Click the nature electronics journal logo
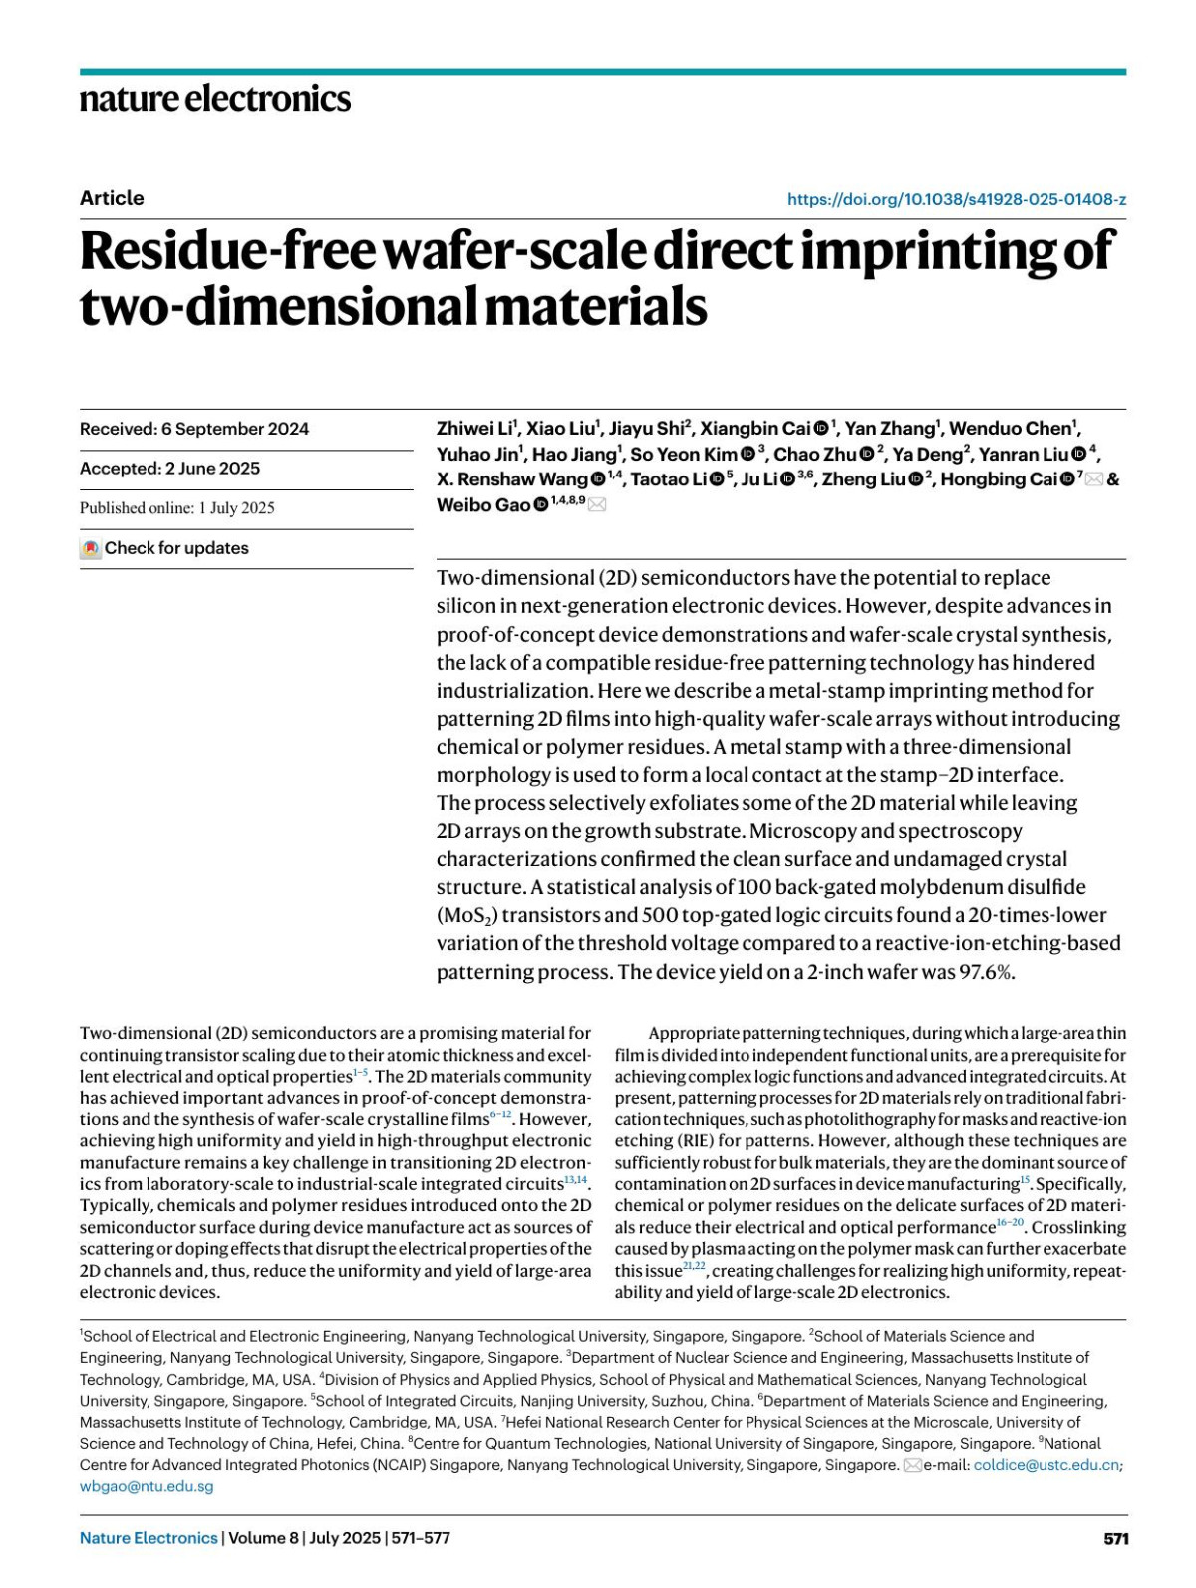click(x=215, y=98)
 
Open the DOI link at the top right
click(x=956, y=199)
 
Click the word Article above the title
click(x=112, y=198)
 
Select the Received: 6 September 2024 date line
click(x=194, y=429)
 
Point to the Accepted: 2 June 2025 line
click(x=169, y=469)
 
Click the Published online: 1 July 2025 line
click(x=177, y=508)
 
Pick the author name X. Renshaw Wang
click(x=511, y=479)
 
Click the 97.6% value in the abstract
click(x=987, y=972)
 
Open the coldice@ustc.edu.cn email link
click(x=1046, y=1465)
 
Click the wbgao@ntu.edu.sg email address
click(x=147, y=1487)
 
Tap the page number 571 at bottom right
click(x=1116, y=1539)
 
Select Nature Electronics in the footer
click(x=149, y=1538)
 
